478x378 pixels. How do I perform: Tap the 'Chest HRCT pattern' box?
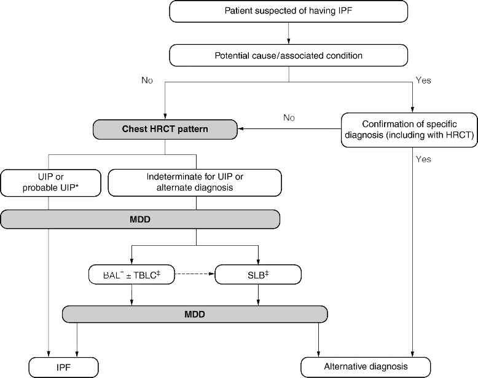point(165,129)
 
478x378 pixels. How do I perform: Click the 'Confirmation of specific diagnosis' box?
point(407,129)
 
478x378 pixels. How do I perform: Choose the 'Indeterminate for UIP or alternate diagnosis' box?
point(195,182)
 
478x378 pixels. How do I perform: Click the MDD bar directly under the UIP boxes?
point(140,219)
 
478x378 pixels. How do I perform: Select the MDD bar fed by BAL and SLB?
point(194,314)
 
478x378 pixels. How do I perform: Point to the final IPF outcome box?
point(64,368)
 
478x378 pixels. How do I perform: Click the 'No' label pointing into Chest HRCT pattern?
point(289,117)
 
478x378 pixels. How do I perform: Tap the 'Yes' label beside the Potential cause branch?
point(423,81)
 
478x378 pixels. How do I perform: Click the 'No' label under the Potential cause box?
point(147,81)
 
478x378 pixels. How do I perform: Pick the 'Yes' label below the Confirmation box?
point(423,159)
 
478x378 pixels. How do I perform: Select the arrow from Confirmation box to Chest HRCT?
point(289,129)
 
